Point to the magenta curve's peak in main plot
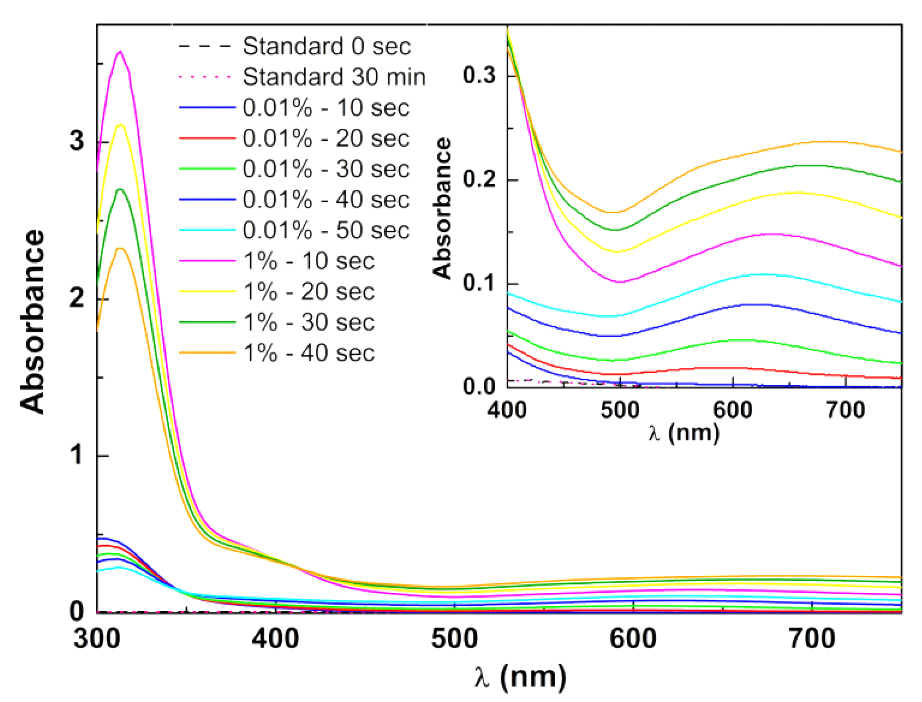(x=121, y=51)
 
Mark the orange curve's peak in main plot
(x=120, y=249)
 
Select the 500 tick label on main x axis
(x=454, y=639)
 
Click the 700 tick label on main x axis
(x=812, y=639)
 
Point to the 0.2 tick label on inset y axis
(x=479, y=180)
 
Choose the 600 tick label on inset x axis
(x=732, y=410)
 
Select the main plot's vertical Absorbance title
(x=33, y=322)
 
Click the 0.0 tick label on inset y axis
(x=479, y=386)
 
